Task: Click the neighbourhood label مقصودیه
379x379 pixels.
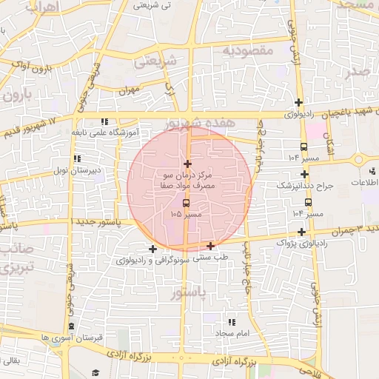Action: tap(249, 50)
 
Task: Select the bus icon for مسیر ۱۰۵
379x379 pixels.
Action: tap(185, 201)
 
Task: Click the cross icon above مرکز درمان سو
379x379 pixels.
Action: tap(187, 164)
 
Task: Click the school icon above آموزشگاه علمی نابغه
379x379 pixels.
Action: tap(104, 121)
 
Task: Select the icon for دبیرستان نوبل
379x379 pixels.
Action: tap(78, 158)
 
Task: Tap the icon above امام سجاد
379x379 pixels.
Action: tap(232, 322)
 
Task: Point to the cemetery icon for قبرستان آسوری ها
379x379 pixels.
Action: tap(71, 326)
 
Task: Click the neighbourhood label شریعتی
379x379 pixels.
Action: tap(155, 62)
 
